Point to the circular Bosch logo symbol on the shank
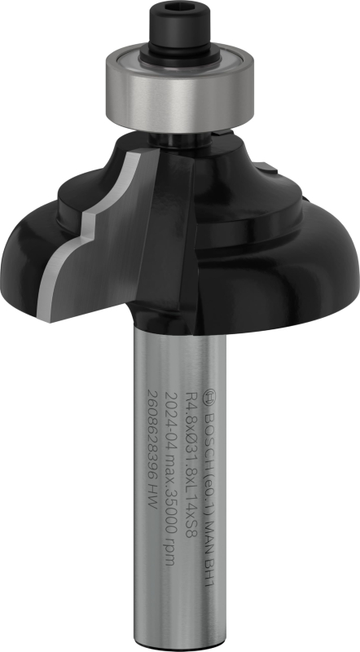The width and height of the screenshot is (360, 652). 209,395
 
